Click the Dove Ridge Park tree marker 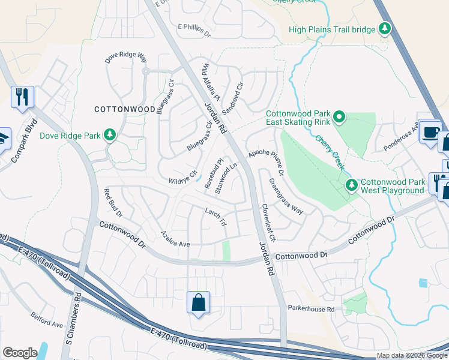110,135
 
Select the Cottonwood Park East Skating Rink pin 339,116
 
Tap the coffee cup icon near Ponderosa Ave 430,133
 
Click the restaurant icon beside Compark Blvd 23,97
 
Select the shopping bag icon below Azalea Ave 198,303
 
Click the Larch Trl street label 215,217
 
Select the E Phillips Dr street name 194,30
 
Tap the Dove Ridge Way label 126,57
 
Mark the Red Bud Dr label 113,203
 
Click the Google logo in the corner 20,353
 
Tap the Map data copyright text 412,355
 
